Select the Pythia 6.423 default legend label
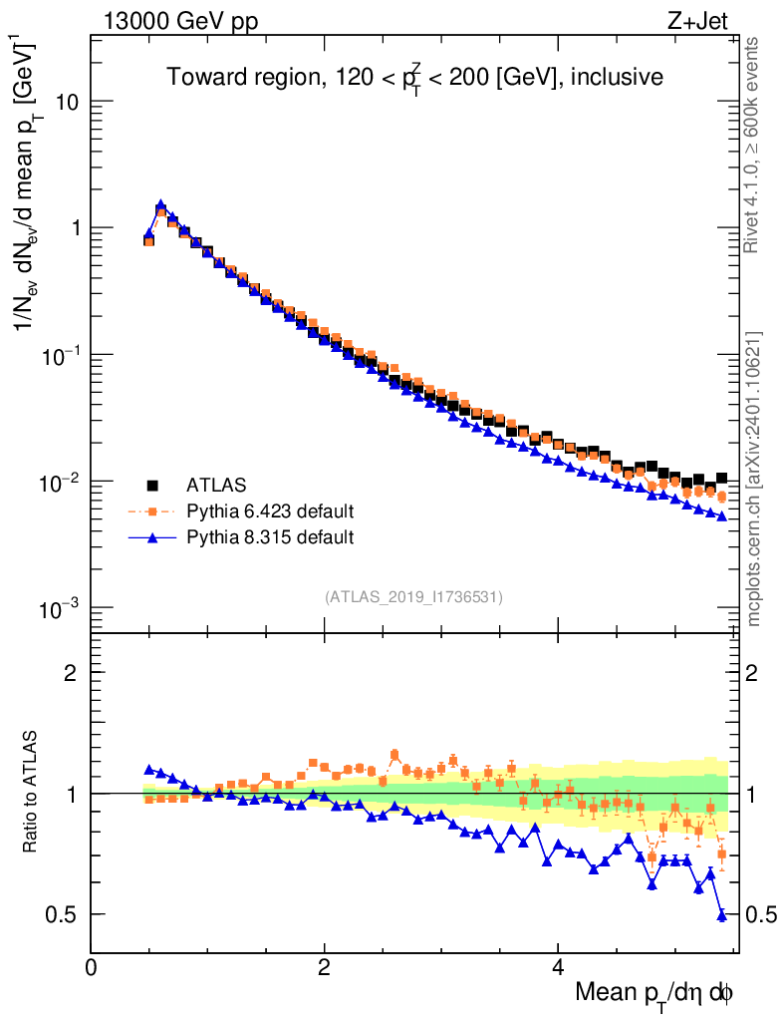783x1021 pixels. pos(270,512)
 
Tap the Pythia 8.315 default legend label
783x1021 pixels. pos(270,538)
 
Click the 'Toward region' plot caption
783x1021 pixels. pos(414,76)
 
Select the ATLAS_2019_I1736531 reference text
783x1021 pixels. pos(413,597)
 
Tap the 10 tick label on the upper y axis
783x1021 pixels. pos(66,102)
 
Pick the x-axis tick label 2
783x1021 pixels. pos(324,968)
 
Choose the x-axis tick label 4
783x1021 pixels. pos(558,968)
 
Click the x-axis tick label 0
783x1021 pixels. pos(91,968)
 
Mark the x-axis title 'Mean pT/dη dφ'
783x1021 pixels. pos(653,993)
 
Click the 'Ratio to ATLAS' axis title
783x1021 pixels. pos(32,792)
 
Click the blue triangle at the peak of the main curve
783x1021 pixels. pos(160,205)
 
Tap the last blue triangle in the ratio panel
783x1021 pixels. pos(722,915)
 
